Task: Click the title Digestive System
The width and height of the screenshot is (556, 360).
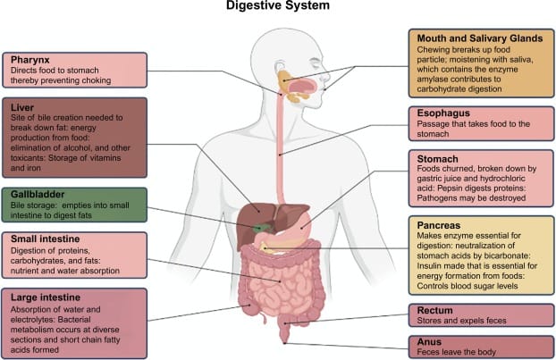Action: coord(277,7)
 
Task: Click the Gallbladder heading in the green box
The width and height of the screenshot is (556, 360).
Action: coord(39,194)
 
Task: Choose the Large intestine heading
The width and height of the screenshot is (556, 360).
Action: coord(46,296)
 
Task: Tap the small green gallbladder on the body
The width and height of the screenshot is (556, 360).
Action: coord(260,227)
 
